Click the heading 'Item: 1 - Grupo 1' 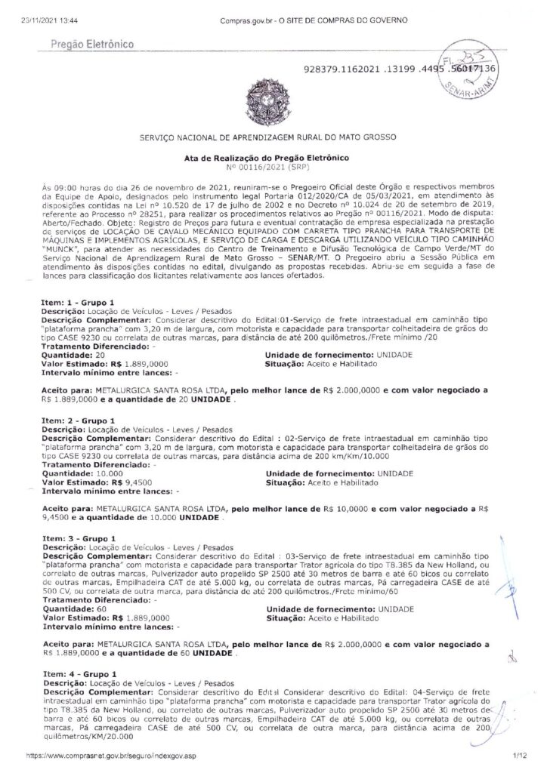(78, 301)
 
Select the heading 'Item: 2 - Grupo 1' (78, 420)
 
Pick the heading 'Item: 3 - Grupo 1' (78, 538)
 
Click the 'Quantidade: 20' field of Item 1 (73, 353)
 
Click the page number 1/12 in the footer (516, 754)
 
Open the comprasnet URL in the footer (110, 754)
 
